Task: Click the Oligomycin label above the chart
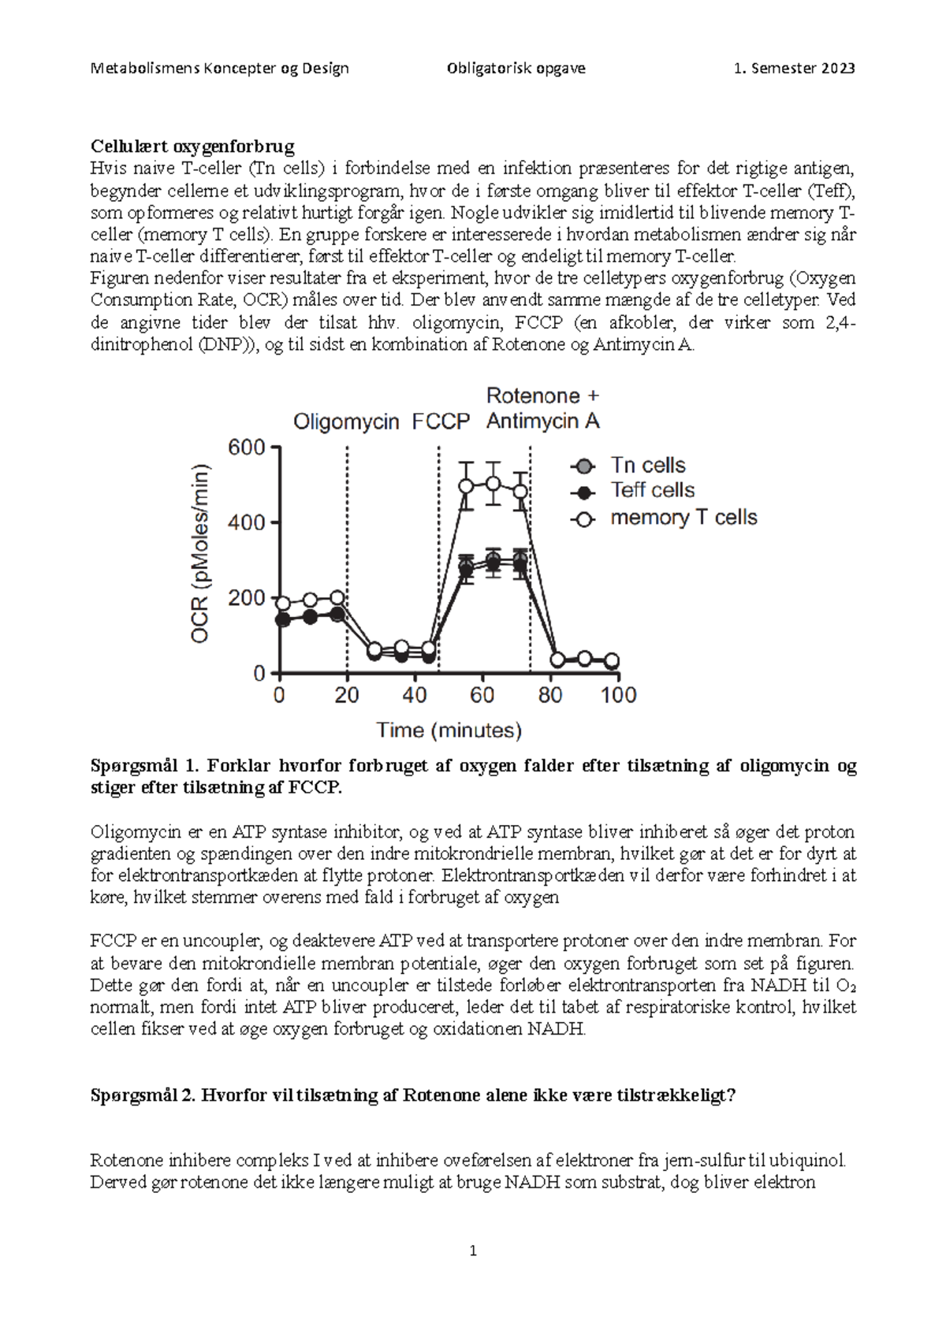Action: coord(346,422)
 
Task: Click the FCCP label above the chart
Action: coord(441,422)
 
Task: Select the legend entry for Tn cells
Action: coord(647,466)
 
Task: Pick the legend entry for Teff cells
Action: coord(652,491)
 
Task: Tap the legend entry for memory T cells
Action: coord(683,518)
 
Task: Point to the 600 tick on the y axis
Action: coord(247,448)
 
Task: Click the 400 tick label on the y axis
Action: coord(247,522)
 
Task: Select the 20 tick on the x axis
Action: coord(347,695)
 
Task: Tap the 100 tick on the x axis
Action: coord(619,695)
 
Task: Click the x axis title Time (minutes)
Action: coord(449,730)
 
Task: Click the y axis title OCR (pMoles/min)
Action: coord(200,553)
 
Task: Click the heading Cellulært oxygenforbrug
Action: coord(192,147)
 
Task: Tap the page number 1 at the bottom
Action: coord(473,1251)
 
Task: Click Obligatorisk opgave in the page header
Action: coord(516,69)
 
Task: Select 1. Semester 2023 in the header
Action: coord(794,69)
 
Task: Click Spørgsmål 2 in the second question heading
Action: coord(142,1095)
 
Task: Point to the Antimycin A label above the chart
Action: coord(542,422)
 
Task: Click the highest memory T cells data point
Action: coord(493,483)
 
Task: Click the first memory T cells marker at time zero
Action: coord(282,603)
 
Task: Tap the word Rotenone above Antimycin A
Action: coord(533,396)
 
